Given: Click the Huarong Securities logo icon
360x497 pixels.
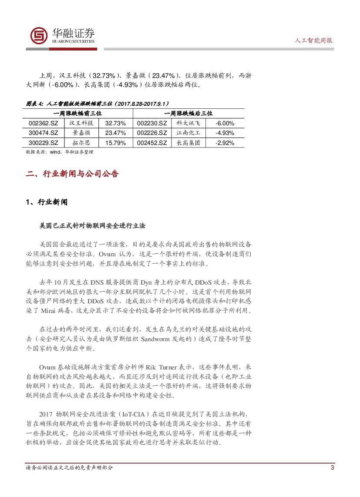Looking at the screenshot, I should pyautogui.click(x=39, y=36).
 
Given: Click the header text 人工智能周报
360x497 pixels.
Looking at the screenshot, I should pyautogui.click(x=314, y=40).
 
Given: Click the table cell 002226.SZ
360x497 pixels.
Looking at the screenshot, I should pyautogui.click(x=151, y=133).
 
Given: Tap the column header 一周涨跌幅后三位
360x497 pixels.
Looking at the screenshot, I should pyautogui.click(x=188, y=113).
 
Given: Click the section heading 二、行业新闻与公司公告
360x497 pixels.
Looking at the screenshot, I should pyautogui.click(x=72, y=174).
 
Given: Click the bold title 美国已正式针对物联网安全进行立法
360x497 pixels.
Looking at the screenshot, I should pyautogui.click(x=92, y=226).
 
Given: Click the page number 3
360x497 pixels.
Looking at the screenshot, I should pyautogui.click(x=332, y=468).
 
